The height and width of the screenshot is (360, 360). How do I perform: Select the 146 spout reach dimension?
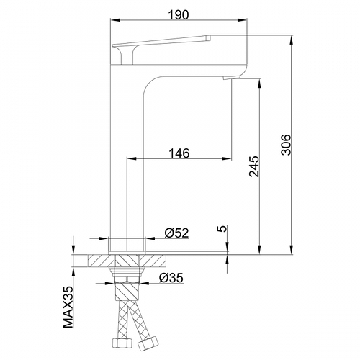(179, 152)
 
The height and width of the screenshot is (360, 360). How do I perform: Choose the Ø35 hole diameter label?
(171, 277)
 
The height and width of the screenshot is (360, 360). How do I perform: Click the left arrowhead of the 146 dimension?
(130, 158)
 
